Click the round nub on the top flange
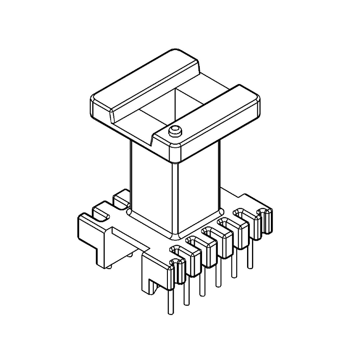(175, 131)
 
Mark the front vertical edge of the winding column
(174, 198)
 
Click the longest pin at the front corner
(171, 297)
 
